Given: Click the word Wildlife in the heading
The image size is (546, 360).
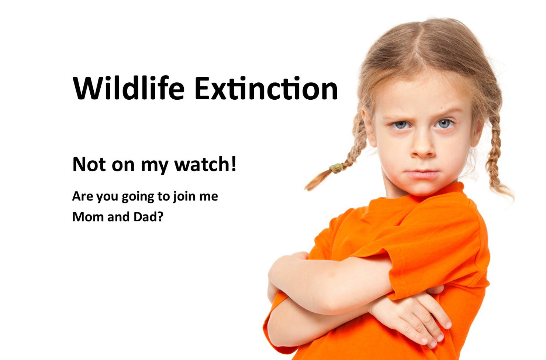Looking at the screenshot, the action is [128, 88].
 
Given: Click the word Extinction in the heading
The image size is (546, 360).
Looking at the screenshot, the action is [266, 88].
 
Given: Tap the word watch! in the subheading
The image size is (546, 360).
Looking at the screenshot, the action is [205, 164].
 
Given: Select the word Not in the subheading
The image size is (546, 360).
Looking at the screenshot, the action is [89, 164].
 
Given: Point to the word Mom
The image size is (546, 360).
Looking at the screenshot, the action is [88, 217].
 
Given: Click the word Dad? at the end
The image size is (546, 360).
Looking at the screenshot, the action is [148, 216].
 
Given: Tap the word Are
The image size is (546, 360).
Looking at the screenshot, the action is [83, 196].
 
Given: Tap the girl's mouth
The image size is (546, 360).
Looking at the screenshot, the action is [422, 174].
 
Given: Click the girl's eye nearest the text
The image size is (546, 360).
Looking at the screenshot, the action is [401, 125].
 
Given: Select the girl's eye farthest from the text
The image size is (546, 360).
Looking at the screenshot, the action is [444, 123].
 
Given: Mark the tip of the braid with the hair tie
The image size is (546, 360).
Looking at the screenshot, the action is [306, 189].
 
